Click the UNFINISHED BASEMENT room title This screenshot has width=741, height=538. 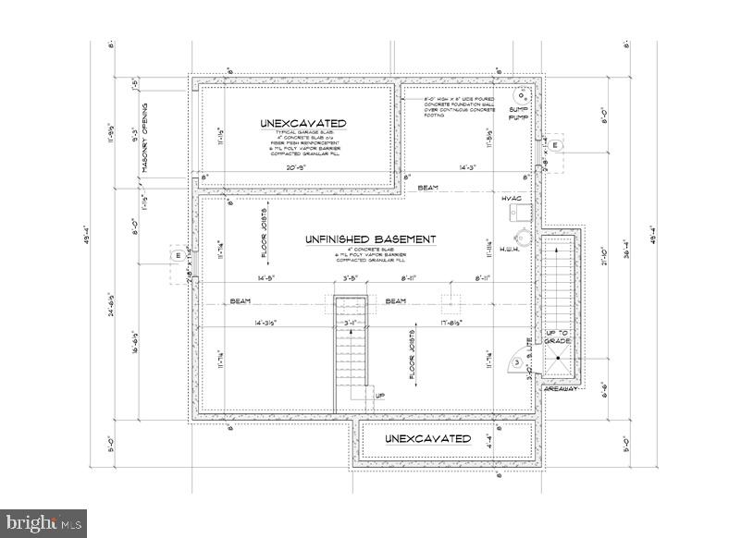tap(370, 239)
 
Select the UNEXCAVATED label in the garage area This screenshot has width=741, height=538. tap(303, 123)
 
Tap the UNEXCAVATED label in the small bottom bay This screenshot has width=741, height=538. tap(427, 438)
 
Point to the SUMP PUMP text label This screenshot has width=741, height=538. tap(518, 113)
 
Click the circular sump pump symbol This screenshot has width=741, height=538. tap(525, 95)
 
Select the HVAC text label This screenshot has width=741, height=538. tap(513, 199)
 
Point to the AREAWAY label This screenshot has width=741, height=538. tap(560, 390)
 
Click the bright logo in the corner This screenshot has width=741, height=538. tap(43, 523)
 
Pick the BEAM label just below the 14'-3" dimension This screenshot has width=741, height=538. tap(427, 188)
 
